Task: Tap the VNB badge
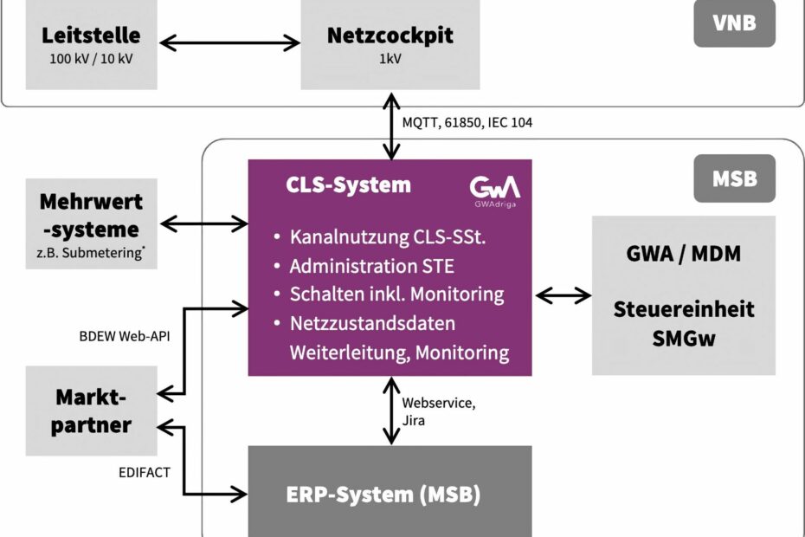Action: (x=734, y=23)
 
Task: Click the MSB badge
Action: (x=734, y=178)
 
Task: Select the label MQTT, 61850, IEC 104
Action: (x=467, y=123)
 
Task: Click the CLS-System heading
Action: (x=349, y=185)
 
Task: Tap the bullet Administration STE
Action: (x=372, y=264)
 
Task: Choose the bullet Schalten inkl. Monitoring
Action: (x=396, y=294)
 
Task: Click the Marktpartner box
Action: (x=91, y=411)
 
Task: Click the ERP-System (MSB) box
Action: (x=390, y=495)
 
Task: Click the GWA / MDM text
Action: (x=684, y=255)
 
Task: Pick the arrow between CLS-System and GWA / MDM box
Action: (x=563, y=296)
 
